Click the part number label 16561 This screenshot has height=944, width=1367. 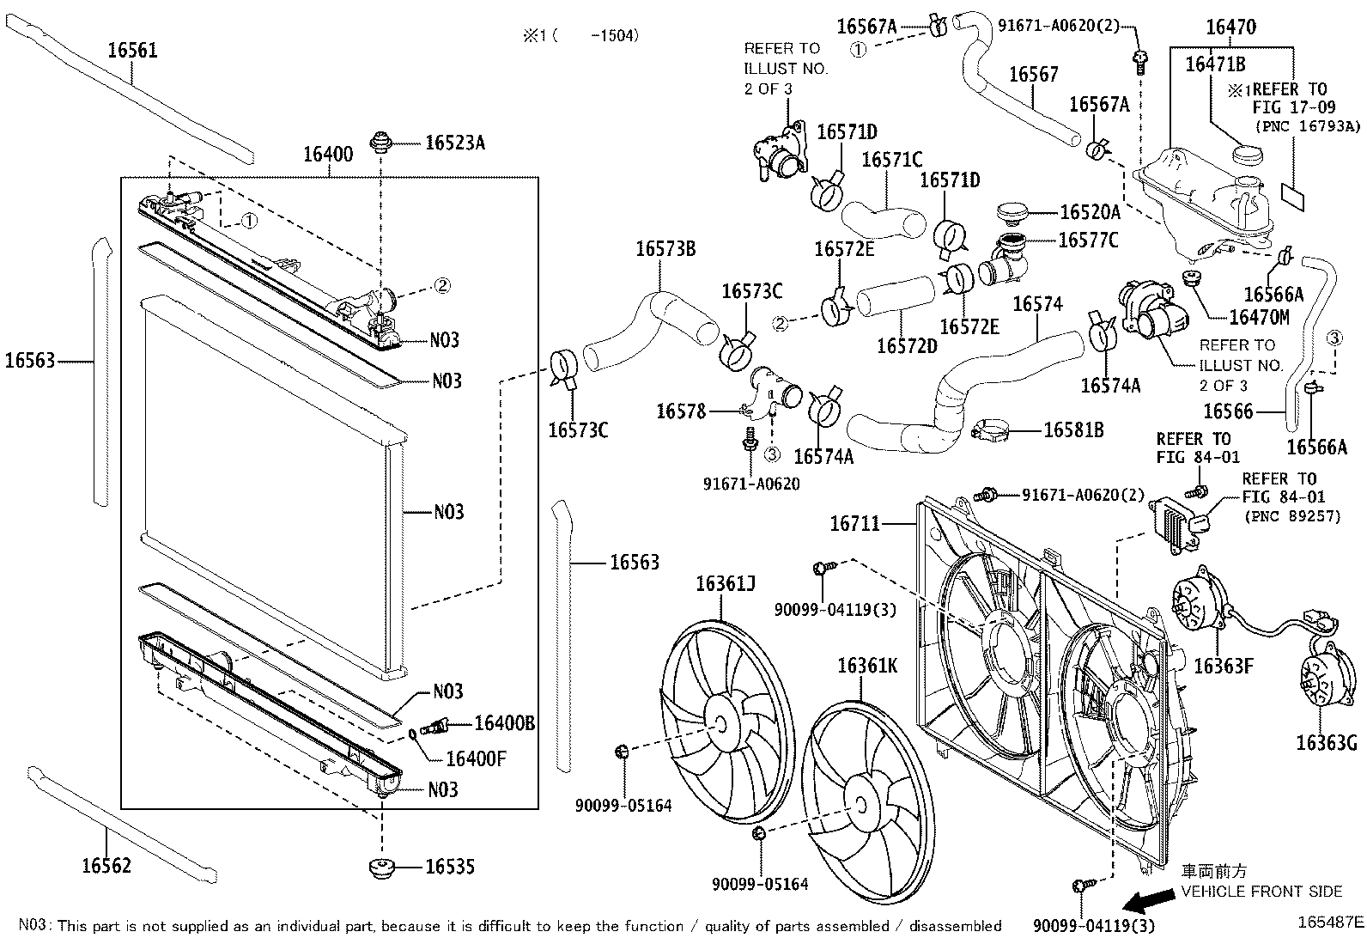click(x=132, y=50)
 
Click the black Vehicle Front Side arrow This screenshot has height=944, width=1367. click(x=1150, y=900)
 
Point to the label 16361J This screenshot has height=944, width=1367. click(x=725, y=585)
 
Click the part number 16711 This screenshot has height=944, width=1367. click(x=854, y=522)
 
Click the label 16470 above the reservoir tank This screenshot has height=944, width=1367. click(x=1230, y=27)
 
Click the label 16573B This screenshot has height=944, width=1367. click(x=665, y=249)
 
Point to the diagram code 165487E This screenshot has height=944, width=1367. click(x=1330, y=923)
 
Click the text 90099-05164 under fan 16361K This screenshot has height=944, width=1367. click(x=760, y=883)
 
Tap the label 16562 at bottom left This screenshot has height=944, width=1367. click(x=106, y=865)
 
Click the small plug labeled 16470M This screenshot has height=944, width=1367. click(x=1191, y=277)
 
